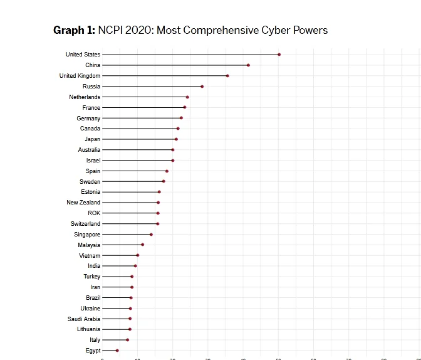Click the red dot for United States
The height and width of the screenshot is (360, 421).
[279, 55]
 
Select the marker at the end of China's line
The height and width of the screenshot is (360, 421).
[248, 65]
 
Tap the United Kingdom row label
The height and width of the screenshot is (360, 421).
[80, 76]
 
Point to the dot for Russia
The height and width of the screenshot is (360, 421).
[202, 87]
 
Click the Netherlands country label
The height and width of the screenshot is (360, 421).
[85, 97]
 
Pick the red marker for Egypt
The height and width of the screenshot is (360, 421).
[117, 351]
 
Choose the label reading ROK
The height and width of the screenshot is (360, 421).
[94, 213]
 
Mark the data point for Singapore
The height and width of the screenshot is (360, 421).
[151, 235]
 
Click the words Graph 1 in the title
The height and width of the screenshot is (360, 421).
[74, 30]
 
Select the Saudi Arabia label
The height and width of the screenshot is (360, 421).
[84, 319]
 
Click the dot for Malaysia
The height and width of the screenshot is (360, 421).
[142, 245]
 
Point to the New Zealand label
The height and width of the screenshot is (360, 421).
[83, 203]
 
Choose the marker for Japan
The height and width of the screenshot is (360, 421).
[176, 139]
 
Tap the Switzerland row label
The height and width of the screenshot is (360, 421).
[85, 224]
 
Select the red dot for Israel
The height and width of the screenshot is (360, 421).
[173, 161]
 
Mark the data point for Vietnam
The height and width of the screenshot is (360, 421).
[138, 255]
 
